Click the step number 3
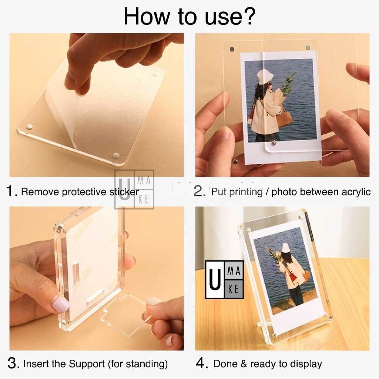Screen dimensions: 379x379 [13, 363]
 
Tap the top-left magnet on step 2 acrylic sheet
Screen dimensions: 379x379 [232, 48]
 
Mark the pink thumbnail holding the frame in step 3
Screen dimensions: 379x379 [60, 304]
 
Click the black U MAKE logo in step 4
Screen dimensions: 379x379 [224, 279]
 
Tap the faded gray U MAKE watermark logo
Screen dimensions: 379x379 [134, 189]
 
